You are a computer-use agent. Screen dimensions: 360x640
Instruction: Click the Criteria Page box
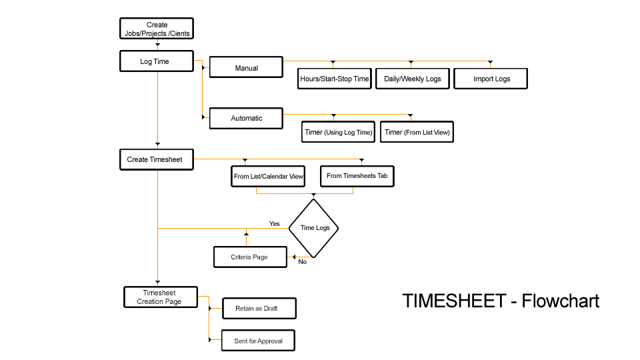pos(250,257)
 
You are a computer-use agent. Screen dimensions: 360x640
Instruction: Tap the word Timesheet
pos(159,293)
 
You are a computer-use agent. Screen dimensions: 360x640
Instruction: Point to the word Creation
pos(149,301)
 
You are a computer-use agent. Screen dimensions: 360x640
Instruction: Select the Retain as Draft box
pos(259,309)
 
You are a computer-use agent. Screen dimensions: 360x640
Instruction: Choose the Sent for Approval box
pos(258,341)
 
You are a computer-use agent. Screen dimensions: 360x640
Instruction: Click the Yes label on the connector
pos(275,223)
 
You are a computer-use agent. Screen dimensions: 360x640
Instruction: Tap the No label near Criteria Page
pos(303,261)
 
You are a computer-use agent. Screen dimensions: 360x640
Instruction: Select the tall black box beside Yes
pos(313,228)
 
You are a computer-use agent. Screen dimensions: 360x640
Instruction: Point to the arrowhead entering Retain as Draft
pos(211,309)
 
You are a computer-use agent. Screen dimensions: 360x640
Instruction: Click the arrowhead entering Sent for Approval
pos(211,340)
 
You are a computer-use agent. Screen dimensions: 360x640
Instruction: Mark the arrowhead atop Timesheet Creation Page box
pos(158,283)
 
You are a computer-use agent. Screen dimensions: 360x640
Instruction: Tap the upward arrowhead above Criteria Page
pos(247,233)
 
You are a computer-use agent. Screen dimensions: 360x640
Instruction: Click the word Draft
pos(270,309)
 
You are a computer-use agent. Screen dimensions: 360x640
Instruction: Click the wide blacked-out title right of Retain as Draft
pos(501,301)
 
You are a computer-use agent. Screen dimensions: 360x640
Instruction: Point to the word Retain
pos(245,309)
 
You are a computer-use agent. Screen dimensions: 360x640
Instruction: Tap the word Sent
pos(241,341)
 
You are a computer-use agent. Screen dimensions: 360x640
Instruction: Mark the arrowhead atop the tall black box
pos(313,196)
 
